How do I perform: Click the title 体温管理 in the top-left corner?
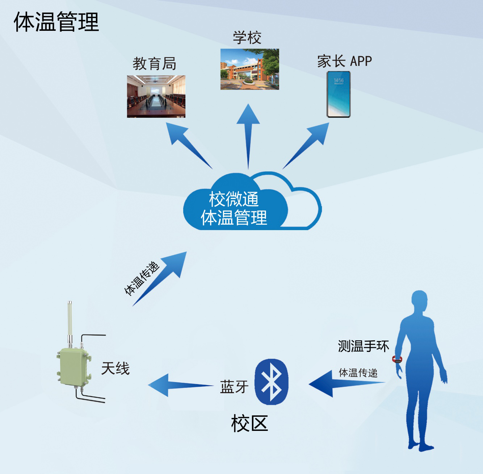pyautogui.click(x=56, y=22)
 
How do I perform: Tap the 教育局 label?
pyautogui.click(x=154, y=64)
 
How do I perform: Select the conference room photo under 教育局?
pyautogui.click(x=156, y=96)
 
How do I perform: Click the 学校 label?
pyautogui.click(x=247, y=38)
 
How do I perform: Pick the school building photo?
pyautogui.click(x=249, y=69)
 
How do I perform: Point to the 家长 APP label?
pyautogui.click(x=344, y=61)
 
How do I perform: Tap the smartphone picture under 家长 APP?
pyautogui.click(x=339, y=94)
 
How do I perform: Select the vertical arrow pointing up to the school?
pyautogui.click(x=248, y=134)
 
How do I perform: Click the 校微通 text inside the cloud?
pyautogui.click(x=234, y=199)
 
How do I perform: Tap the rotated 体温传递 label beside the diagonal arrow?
pyautogui.click(x=142, y=278)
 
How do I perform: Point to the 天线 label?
pyautogui.click(x=115, y=369)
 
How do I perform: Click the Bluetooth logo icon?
pyautogui.click(x=272, y=382)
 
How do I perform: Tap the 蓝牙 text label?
pyautogui.click(x=234, y=387)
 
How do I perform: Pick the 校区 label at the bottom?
pyautogui.click(x=249, y=423)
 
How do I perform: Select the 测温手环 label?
pyautogui.click(x=363, y=346)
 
